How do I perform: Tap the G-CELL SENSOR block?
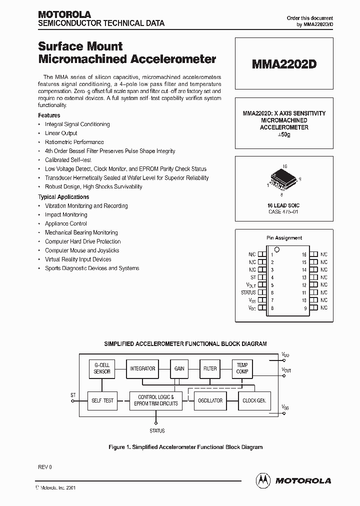(x=102, y=368)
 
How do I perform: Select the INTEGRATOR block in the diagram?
(x=142, y=368)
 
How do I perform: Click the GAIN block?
(x=179, y=368)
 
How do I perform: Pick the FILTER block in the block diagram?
(x=210, y=368)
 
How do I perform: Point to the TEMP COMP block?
(x=242, y=368)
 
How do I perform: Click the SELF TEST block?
(x=102, y=400)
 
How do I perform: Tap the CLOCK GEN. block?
(x=253, y=400)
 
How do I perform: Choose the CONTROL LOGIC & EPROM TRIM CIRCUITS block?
(x=156, y=400)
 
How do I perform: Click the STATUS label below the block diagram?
(x=157, y=430)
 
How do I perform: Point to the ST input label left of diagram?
(x=73, y=395)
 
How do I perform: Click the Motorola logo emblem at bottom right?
(x=263, y=480)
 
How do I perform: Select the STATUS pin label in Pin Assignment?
(x=248, y=292)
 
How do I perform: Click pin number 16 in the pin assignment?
(x=304, y=254)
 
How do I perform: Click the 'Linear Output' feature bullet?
(x=61, y=133)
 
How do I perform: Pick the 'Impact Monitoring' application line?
(x=66, y=214)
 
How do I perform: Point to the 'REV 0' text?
(x=45, y=467)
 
